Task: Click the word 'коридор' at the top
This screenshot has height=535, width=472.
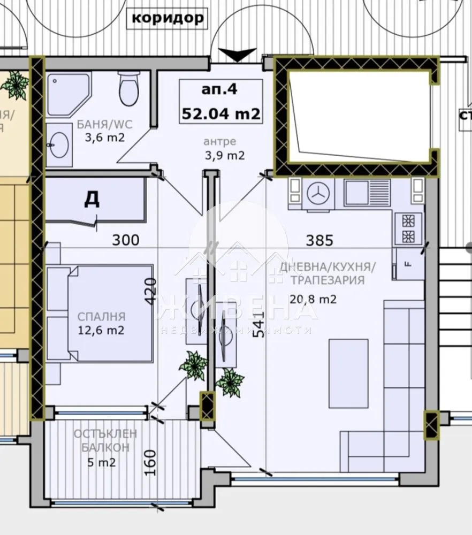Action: (168, 18)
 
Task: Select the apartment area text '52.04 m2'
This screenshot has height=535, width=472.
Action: (221, 113)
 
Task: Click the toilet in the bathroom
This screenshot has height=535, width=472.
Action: (128, 89)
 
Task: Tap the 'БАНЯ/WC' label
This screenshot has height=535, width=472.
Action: (104, 125)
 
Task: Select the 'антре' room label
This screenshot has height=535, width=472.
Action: (220, 142)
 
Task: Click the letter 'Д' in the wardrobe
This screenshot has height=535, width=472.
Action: (92, 199)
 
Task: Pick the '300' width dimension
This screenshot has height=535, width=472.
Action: (125, 240)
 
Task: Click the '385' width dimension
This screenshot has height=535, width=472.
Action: (319, 240)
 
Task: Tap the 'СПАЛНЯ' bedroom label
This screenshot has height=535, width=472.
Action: (101, 316)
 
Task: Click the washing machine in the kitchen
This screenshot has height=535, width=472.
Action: (319, 194)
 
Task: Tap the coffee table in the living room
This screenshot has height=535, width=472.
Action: (348, 373)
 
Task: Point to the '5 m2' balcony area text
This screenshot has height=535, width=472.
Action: (98, 462)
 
